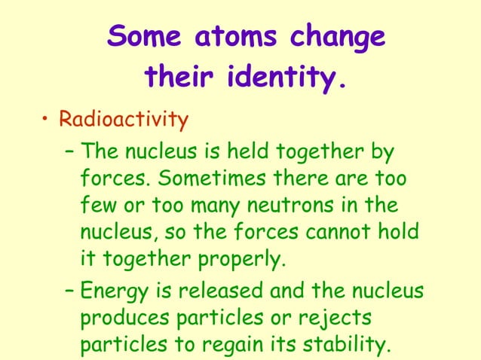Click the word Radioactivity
coord(123,119)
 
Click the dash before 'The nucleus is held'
coord(69,153)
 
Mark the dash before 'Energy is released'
coord(69,291)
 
